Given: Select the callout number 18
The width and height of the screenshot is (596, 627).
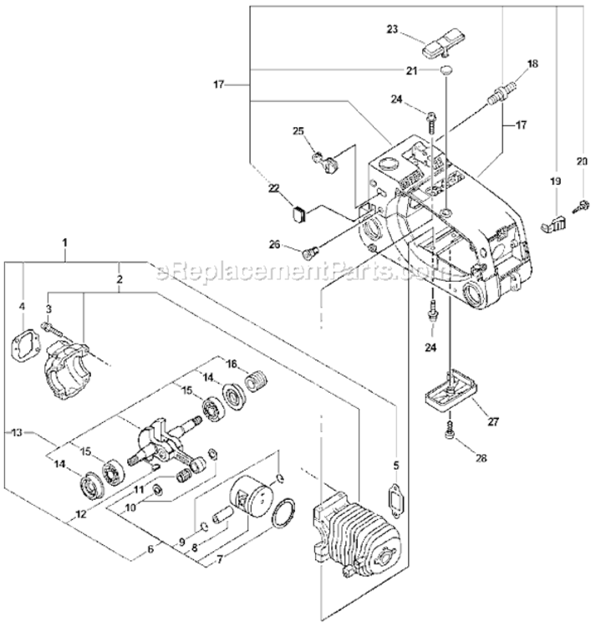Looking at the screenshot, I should pyautogui.click(x=532, y=64).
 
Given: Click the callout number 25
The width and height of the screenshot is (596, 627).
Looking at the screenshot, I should pyautogui.click(x=298, y=132).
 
